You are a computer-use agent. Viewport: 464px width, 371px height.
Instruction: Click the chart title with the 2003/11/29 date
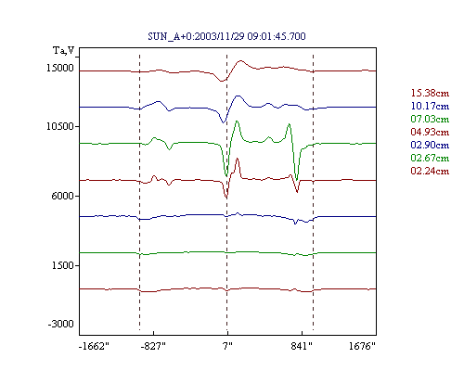point(226,36)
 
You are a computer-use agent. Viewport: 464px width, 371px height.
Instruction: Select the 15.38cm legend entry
point(430,93)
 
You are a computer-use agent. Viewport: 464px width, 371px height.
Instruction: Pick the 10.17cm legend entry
point(430,106)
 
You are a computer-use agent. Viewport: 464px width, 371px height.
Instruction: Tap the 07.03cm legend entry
point(430,119)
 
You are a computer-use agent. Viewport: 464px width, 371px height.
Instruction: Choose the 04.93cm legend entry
point(430,132)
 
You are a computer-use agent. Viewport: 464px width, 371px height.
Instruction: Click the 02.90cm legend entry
point(430,145)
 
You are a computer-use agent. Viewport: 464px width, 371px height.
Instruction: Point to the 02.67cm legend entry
point(430,158)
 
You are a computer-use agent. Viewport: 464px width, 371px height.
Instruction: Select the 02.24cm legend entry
point(430,171)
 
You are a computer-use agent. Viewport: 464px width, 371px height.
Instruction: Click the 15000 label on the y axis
point(60,68)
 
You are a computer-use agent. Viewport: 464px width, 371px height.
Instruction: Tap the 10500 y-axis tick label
point(60,126)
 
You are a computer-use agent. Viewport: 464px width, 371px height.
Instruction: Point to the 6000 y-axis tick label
point(63,196)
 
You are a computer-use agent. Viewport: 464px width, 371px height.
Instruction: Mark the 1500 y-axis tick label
point(63,265)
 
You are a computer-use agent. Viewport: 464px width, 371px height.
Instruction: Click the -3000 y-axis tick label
point(61,324)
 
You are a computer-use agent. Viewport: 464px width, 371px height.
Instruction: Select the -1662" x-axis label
point(94,346)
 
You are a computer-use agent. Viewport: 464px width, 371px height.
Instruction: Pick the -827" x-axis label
point(153,346)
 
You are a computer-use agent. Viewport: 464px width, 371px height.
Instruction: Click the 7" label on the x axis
point(227,346)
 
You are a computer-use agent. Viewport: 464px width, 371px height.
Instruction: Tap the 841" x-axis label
point(302,346)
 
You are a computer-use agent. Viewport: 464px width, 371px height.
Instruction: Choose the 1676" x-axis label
point(362,346)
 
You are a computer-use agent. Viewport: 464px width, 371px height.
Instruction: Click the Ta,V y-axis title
point(64,50)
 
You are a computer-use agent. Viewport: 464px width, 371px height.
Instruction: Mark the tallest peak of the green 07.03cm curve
point(237,122)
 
